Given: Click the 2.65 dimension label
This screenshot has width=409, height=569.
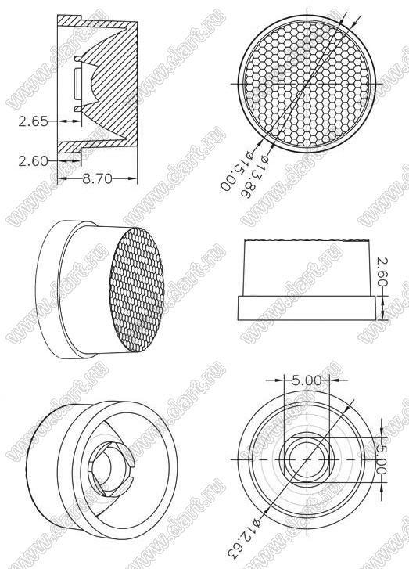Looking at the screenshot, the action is (x=33, y=121).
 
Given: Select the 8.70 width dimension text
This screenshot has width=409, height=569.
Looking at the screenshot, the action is (x=98, y=178).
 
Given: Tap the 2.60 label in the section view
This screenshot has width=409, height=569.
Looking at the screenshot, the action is (x=33, y=160).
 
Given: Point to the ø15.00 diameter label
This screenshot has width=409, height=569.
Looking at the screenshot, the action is (x=238, y=171).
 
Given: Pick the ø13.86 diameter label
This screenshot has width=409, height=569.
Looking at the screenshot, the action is (x=254, y=178).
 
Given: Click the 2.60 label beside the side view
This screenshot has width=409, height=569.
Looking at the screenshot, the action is (x=382, y=272).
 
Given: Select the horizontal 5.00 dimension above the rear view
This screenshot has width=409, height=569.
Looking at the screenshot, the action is (x=307, y=380).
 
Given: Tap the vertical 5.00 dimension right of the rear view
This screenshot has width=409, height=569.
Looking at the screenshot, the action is (x=380, y=459).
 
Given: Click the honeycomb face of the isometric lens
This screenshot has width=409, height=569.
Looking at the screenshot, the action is (x=137, y=290).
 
